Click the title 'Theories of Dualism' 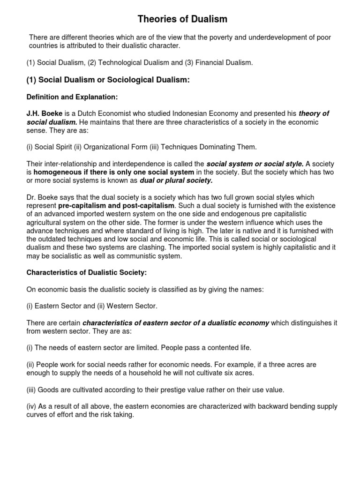click(182, 19)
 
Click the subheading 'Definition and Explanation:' click(72, 97)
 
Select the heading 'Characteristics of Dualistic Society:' click(82, 272)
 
